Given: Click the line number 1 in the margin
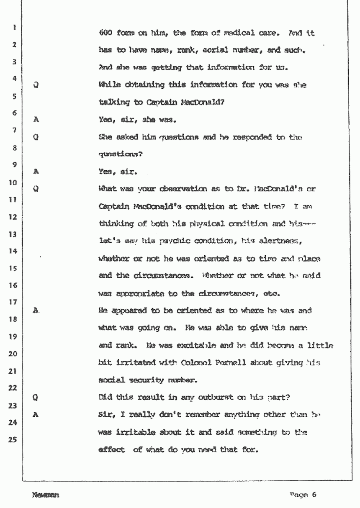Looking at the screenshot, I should pyautogui.click(x=14, y=28).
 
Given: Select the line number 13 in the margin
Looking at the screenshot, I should pyautogui.click(x=13, y=235).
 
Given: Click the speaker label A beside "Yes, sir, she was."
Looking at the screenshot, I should pyautogui.click(x=36, y=119).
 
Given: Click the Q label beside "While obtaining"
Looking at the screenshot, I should pyautogui.click(x=36, y=85).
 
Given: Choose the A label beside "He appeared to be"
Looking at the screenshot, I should pyautogui.click(x=36, y=310).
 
